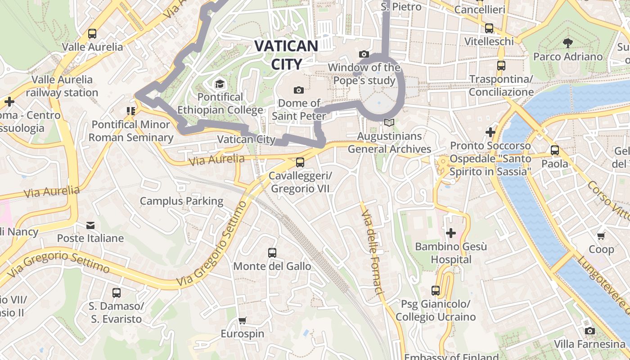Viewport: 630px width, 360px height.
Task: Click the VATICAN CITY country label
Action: coord(286,55)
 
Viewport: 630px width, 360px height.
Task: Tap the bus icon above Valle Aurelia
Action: coord(92,34)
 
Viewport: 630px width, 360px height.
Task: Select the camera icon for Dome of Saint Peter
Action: coord(298,90)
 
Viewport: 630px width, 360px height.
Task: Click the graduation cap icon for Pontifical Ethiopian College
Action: coord(220,84)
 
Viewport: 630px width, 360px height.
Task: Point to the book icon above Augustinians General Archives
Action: coord(389,122)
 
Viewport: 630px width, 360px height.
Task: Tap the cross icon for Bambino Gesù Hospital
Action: coord(450,233)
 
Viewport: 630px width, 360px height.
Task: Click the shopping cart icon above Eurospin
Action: coord(243,320)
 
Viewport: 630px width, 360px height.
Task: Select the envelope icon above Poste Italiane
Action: coord(90,225)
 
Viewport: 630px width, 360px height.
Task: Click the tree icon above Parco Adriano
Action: coord(568,43)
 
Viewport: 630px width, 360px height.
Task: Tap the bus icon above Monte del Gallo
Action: coord(272,253)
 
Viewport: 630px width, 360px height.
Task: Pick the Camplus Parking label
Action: coord(181,201)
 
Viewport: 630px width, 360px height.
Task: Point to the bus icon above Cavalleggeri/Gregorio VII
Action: coord(300,162)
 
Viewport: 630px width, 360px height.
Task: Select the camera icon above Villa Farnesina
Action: coord(589,331)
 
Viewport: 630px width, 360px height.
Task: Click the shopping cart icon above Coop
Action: coord(601,236)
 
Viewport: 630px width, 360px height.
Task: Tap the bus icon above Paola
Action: coord(555,150)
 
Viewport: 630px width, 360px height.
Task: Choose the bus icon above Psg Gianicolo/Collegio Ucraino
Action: coord(435,291)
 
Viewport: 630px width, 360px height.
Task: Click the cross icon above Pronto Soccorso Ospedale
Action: coord(490,132)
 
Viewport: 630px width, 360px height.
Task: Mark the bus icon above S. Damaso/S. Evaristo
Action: coord(117,293)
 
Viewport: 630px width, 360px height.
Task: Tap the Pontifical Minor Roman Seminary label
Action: coord(130,130)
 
